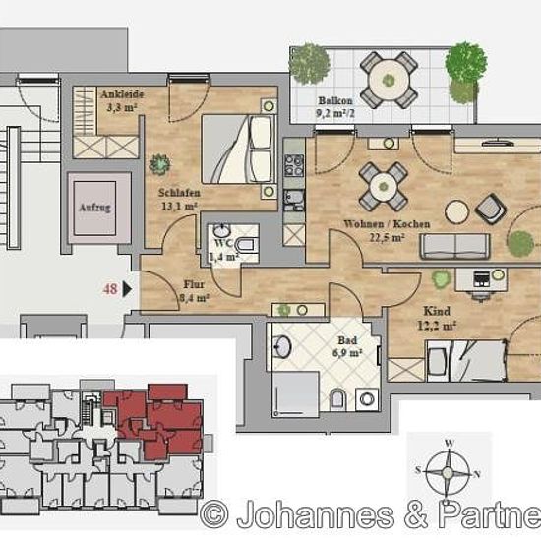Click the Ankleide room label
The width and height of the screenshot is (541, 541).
click(x=122, y=94)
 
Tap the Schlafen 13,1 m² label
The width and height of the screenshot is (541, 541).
click(x=179, y=199)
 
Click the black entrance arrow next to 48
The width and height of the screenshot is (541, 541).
click(x=127, y=289)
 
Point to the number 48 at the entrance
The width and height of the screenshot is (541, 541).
click(x=110, y=289)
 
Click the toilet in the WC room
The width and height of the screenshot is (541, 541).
click(x=246, y=245)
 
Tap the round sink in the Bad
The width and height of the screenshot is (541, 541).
click(x=282, y=346)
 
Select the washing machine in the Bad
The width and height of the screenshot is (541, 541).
click(x=367, y=399)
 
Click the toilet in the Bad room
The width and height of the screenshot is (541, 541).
click(x=337, y=400)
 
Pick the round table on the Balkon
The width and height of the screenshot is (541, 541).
click(x=389, y=80)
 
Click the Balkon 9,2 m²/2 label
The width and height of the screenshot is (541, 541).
click(x=335, y=107)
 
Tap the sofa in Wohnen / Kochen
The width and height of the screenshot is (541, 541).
click(x=455, y=246)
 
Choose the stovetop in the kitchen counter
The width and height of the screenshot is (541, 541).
click(x=294, y=165)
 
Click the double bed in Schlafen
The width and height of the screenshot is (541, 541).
click(x=239, y=149)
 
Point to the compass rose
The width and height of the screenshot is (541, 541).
click(x=448, y=471)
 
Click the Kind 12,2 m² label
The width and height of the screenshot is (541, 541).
click(x=437, y=318)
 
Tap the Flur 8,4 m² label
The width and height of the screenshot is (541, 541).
click(x=194, y=291)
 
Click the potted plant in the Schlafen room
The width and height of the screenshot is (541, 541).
click(x=159, y=164)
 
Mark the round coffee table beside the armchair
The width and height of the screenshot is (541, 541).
click(x=456, y=211)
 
